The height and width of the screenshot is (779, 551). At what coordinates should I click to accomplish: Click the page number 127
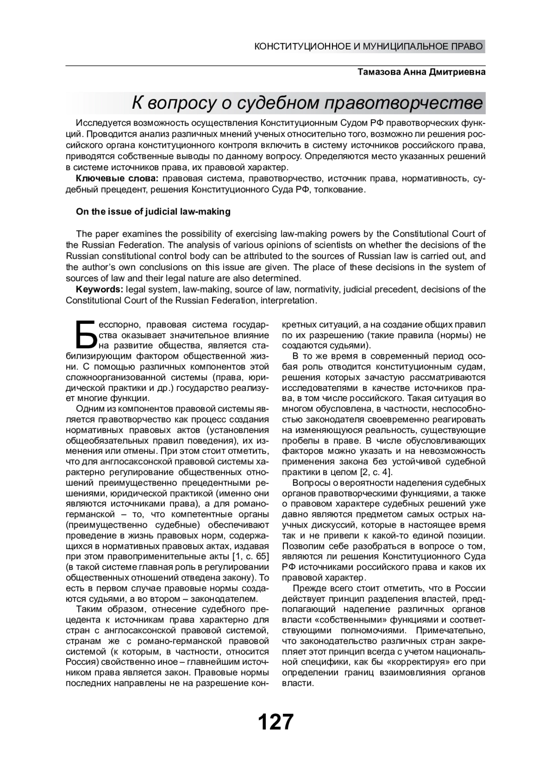coord(275,722)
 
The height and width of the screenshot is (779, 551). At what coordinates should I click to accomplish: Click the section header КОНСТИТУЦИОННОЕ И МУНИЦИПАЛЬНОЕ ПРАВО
coord(369,46)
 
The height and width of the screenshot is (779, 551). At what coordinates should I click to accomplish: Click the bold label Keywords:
coord(99,289)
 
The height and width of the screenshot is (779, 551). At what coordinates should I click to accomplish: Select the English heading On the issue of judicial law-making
coord(153,211)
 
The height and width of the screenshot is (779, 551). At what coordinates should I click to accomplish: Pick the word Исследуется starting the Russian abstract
coord(102,123)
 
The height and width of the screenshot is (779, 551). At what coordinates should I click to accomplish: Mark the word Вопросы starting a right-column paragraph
coord(310,483)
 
